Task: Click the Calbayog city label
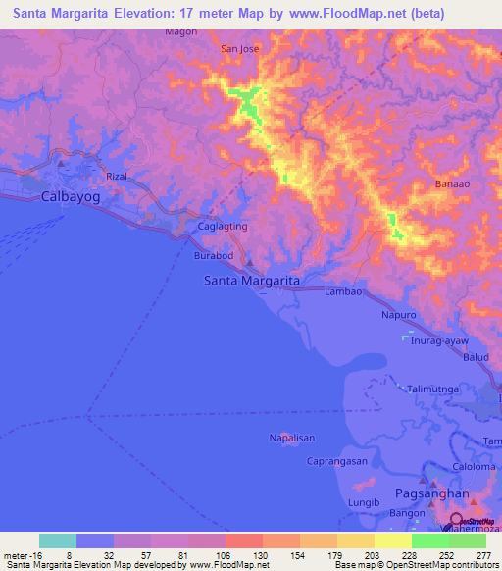pos(73,196)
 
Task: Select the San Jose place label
pos(239,48)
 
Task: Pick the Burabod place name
pos(213,255)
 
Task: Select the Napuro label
pos(398,316)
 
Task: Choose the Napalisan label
pos(290,439)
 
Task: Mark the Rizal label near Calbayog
pos(117,176)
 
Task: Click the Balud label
pos(477,358)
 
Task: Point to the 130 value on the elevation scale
pos(261,553)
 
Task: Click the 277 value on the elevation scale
pos(483,553)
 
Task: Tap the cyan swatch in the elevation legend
pos(58,541)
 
